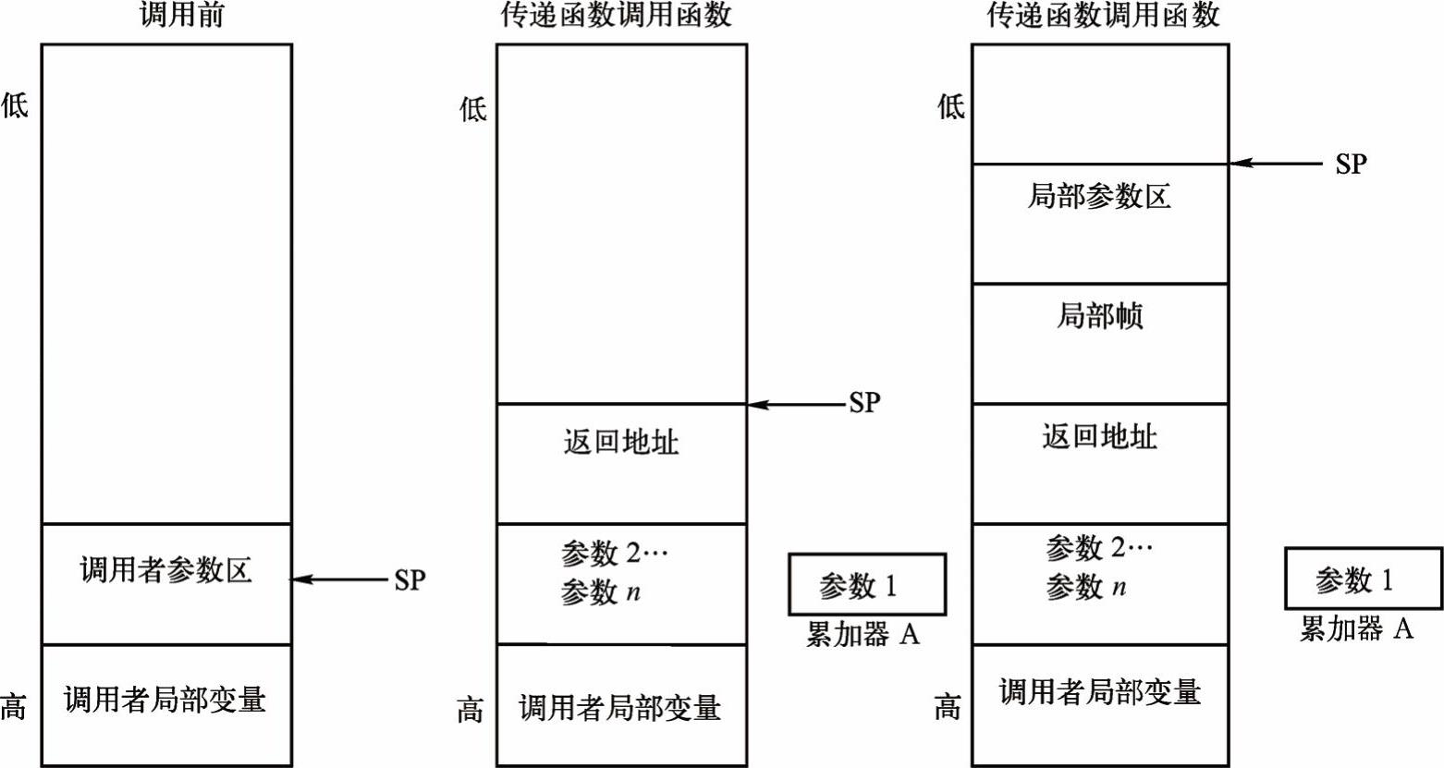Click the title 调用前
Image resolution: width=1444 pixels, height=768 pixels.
[181, 16]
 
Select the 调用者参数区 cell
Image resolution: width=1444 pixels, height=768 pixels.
[166, 571]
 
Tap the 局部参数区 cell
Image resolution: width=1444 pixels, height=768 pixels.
[1099, 197]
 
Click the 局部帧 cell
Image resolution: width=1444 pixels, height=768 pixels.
[1099, 316]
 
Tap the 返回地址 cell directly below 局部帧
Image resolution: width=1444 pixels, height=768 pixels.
[1099, 436]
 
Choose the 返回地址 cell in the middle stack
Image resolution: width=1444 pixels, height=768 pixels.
[621, 442]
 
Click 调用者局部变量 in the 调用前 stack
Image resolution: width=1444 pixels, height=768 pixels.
[165, 700]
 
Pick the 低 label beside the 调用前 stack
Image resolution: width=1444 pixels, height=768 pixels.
[14, 104]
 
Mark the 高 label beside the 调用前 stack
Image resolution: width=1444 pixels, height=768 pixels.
[13, 707]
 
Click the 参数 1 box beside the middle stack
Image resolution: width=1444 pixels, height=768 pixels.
[866, 585]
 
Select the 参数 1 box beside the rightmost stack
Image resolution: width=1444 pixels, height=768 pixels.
[1363, 579]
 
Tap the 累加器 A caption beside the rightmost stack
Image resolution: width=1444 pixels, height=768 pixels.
[1356, 629]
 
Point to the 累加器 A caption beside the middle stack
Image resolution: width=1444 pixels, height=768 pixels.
[863, 635]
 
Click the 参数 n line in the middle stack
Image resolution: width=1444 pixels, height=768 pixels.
[601, 592]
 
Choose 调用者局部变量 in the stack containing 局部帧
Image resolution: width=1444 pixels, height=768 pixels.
[1099, 692]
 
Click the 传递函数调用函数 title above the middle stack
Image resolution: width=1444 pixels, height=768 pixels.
[617, 16]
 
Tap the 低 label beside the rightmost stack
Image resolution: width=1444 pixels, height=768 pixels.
[951, 106]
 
